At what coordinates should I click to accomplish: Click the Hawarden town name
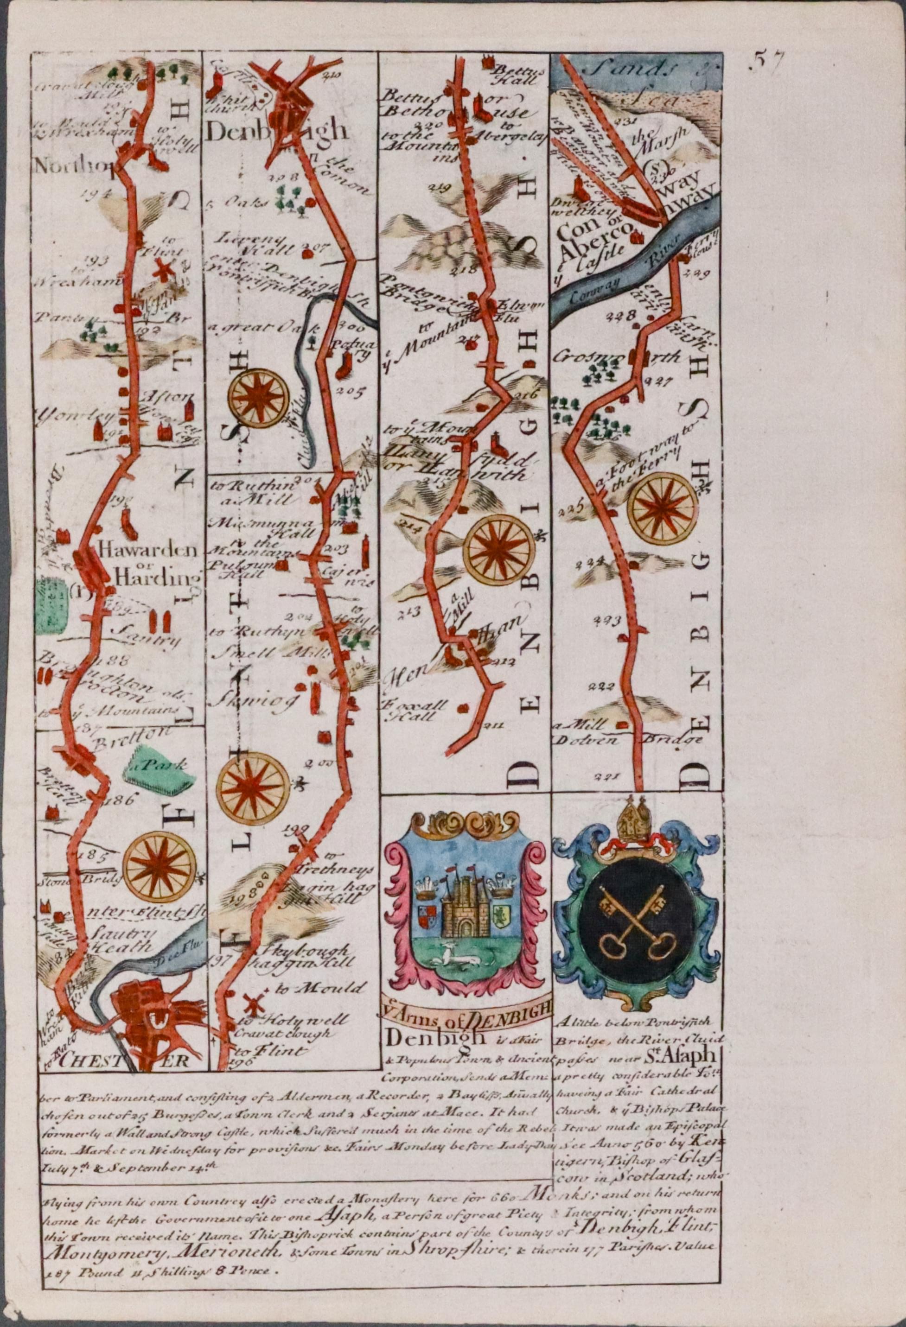click(147, 551)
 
